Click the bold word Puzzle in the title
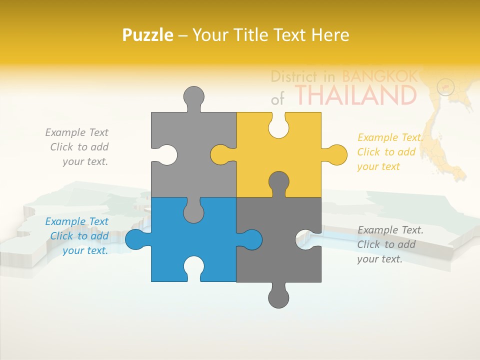coord(148,35)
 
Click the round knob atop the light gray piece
coord(193,96)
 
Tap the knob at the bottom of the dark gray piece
coord(278,297)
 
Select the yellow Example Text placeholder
coord(390,152)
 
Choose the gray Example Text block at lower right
coord(390,244)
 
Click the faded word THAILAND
coord(355,95)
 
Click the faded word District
coord(293,76)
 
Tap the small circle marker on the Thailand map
coord(445,87)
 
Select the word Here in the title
coord(330,35)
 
